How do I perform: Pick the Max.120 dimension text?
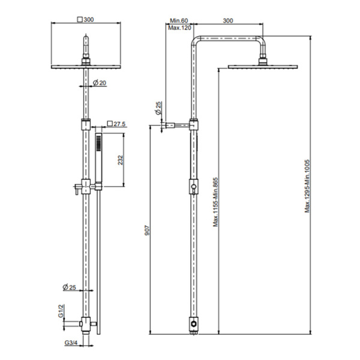coord(179,28)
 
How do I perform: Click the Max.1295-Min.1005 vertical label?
coord(307,185)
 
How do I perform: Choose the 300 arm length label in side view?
coord(228,21)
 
